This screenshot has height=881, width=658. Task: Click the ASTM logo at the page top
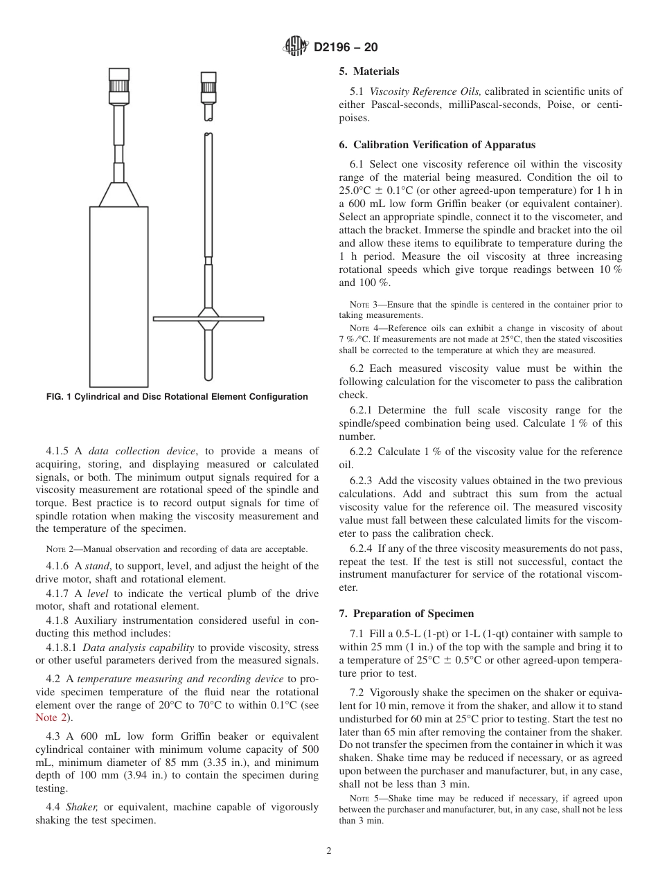(296, 48)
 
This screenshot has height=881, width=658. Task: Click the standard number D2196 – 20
(346, 48)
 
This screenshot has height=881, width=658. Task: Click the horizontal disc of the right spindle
(208, 319)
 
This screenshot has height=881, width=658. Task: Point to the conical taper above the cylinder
(118, 195)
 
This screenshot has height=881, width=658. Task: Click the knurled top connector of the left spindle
(118, 87)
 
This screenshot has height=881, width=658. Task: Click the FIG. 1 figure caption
(177, 397)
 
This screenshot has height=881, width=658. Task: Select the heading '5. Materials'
(368, 71)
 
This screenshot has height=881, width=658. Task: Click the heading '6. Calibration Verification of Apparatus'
(437, 145)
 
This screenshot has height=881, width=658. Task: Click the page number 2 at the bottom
(329, 851)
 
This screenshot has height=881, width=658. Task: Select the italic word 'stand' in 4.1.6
(97, 566)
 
